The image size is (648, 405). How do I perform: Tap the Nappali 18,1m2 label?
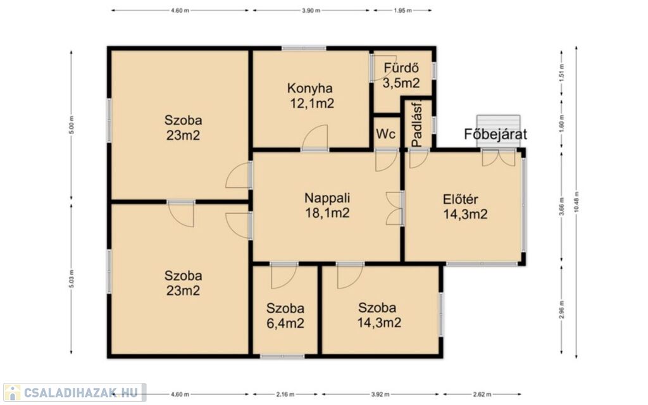coord(327,205)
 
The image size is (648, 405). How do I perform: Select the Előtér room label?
coord(465,207)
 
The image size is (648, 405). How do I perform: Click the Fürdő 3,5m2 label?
coord(401,75)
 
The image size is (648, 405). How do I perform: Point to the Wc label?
coord(385,134)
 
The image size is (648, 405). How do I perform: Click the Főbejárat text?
coord(495,134)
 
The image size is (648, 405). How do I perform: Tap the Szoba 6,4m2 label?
coord(285,315)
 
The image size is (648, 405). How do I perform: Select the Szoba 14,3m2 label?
coord(379,315)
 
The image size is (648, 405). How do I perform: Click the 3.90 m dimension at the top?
coord(311,11)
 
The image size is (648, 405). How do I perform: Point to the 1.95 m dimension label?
coord(402,11)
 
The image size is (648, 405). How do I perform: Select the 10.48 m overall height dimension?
coord(576,202)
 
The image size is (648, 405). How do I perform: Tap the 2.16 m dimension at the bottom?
coord(285,394)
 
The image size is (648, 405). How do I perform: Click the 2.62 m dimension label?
coord(482,394)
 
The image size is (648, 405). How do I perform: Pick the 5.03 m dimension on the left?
coord(72,279)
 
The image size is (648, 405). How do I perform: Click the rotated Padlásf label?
coord(417,123)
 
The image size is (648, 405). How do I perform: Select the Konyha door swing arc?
coord(315,137)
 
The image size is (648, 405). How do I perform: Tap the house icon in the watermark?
coord(12,392)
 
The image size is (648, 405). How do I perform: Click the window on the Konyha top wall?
coord(304,48)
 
